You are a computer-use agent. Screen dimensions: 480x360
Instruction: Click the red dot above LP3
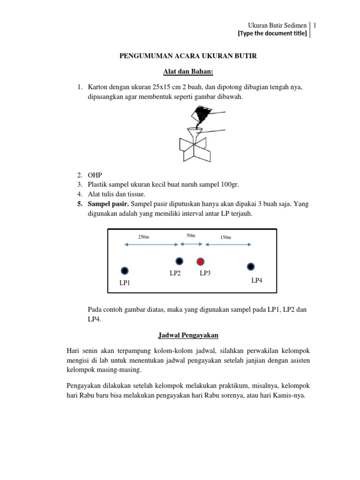click(200, 261)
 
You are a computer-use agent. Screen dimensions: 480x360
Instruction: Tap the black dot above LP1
click(125, 270)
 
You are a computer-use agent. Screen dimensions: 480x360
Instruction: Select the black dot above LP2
click(179, 261)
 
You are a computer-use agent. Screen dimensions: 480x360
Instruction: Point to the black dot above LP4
click(251, 266)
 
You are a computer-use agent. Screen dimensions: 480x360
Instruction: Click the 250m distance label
click(143, 237)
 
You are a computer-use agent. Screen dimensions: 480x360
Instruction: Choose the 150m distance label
click(226, 238)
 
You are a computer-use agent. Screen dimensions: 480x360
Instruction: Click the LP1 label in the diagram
click(125, 283)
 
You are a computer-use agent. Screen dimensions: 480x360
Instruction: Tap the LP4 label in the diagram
click(257, 281)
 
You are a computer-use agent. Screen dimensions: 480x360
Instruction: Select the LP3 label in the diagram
click(205, 273)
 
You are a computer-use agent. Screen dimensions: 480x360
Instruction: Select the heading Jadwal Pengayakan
click(187, 335)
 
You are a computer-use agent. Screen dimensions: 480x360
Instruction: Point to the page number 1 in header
click(316, 25)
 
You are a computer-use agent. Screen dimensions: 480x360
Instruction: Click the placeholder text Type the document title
click(272, 33)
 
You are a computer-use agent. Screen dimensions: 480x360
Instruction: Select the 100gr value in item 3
click(230, 185)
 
